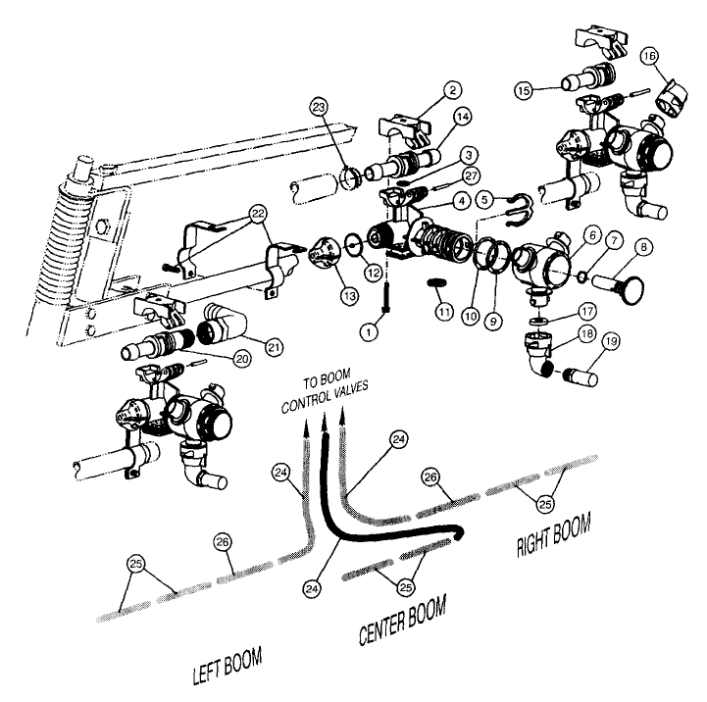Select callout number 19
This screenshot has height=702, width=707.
coord(613,342)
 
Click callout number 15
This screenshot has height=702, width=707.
coord(528,89)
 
